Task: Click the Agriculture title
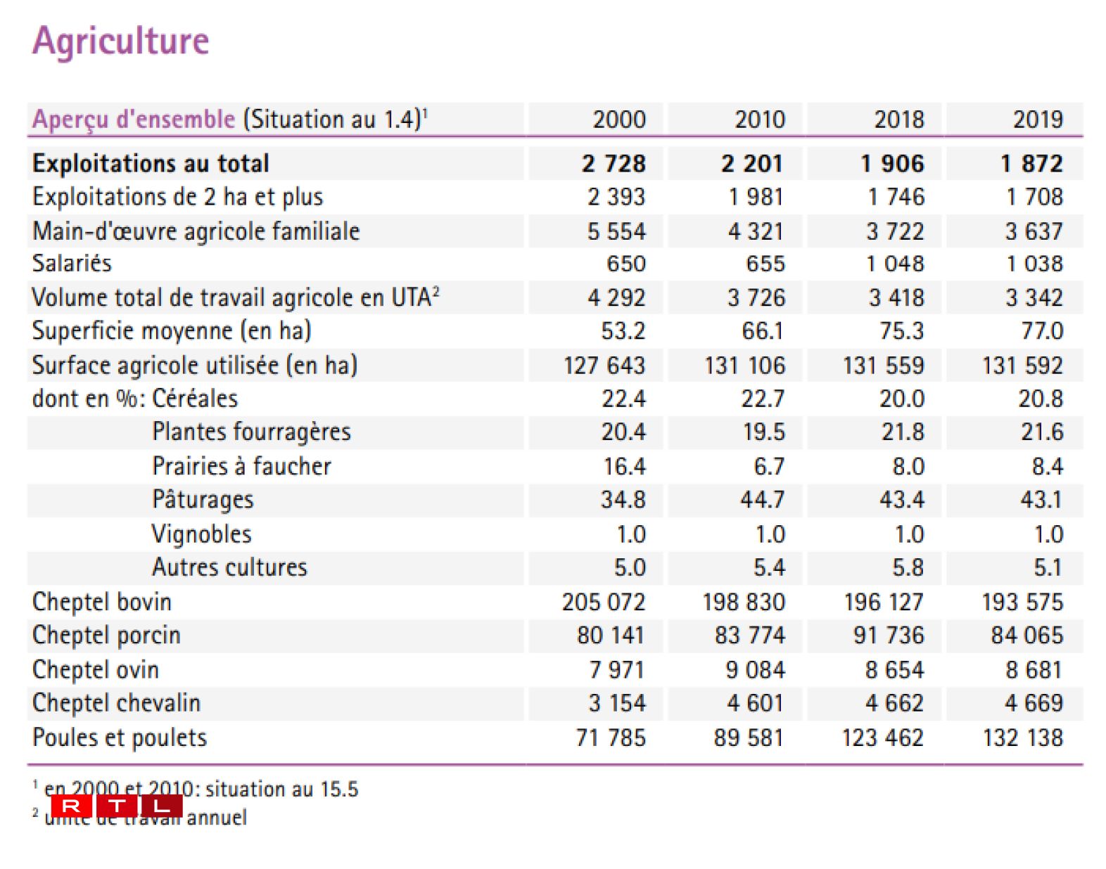tap(120, 41)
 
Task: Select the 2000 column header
tap(618, 120)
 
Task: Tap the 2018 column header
tap(898, 120)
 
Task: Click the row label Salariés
tap(72, 263)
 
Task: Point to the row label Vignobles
tap(201, 534)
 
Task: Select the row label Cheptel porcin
tap(106, 635)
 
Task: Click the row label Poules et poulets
tap(120, 738)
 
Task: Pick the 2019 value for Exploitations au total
tap(1031, 163)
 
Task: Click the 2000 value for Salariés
tap(625, 264)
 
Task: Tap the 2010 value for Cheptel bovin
tap(744, 602)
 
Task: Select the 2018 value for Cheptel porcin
tap(888, 635)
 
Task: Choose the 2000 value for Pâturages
tap(623, 499)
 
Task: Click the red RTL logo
tap(116, 806)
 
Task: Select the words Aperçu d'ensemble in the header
tap(134, 119)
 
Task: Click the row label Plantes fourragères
tap(251, 432)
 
